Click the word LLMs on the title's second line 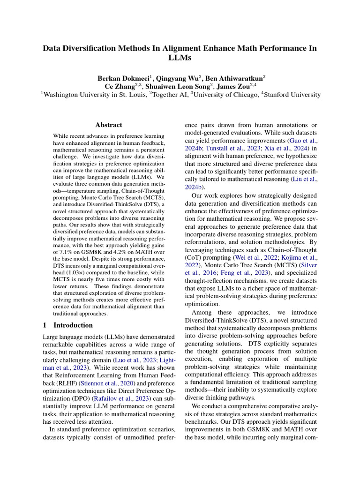pyautogui.click(x=180, y=58)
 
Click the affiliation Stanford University pyautogui.click(x=293, y=95)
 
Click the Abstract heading pyautogui.click(x=109, y=125)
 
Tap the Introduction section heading pyautogui.click(x=73, y=325)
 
